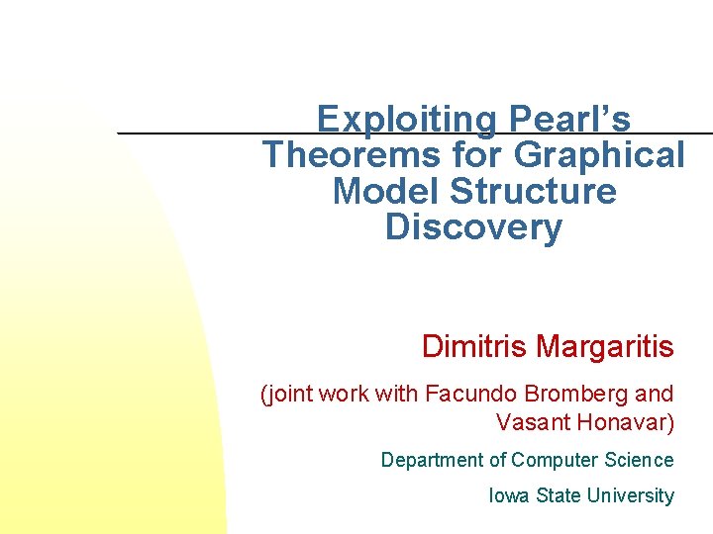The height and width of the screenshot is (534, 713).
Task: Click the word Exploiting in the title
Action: coord(407,120)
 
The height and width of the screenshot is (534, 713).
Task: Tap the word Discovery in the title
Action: coord(473,226)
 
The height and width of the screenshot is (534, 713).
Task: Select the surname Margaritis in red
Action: coord(606,347)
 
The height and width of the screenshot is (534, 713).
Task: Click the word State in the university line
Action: coord(558,495)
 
